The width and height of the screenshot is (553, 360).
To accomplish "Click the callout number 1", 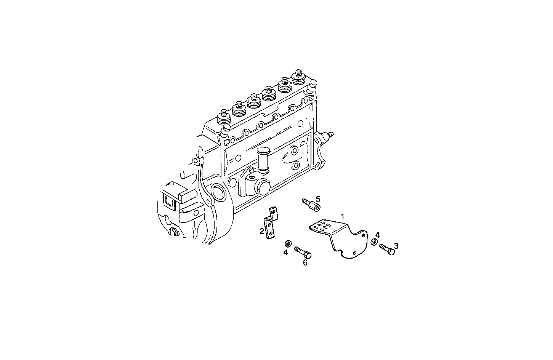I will [343, 216].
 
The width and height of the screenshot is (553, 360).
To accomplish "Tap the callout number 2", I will [262, 231].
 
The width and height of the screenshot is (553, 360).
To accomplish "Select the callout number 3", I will [396, 246].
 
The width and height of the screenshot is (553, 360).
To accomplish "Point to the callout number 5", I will [318, 198].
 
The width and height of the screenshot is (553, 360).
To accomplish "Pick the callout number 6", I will [305, 262].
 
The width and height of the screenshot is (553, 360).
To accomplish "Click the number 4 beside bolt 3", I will [377, 235].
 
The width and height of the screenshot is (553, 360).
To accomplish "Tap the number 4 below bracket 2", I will [285, 252].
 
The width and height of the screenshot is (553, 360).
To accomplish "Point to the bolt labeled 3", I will [387, 250].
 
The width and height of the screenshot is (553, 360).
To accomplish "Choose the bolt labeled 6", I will [303, 252].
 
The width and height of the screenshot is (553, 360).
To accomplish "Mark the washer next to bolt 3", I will [375, 242].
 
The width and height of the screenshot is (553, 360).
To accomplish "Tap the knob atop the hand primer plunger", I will [263, 151].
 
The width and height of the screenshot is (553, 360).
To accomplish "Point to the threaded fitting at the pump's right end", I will [328, 136].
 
